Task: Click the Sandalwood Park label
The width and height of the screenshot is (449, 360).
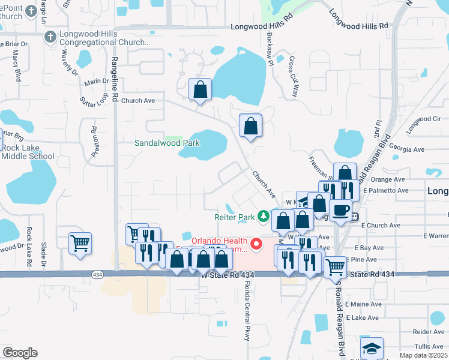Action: pyautogui.click(x=167, y=143)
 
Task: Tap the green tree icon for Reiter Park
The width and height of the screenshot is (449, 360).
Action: pyautogui.click(x=263, y=215)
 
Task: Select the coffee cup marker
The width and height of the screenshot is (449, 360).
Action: pyautogui.click(x=341, y=211)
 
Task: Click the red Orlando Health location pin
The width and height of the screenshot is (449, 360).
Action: pyautogui.click(x=256, y=244)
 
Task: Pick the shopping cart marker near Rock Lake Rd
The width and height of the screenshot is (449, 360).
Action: pyautogui.click(x=80, y=244)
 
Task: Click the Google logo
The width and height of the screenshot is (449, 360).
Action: pyautogui.click(x=20, y=353)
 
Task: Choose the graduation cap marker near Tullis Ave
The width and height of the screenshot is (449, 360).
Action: pyautogui.click(x=372, y=348)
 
